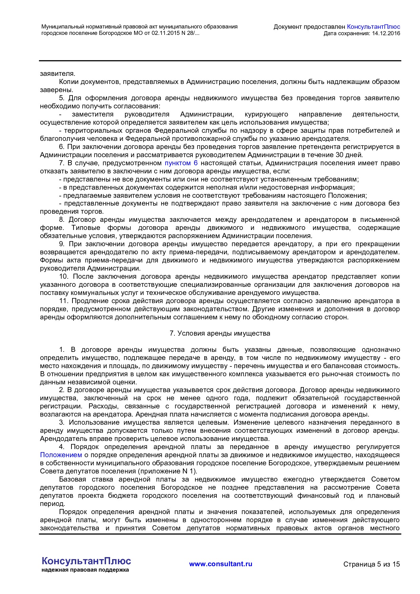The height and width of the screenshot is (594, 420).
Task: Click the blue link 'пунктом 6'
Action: point(181,163)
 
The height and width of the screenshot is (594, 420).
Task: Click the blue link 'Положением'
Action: point(61,455)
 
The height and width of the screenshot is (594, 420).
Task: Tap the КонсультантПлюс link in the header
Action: point(374,27)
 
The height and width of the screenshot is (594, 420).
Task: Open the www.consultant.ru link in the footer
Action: point(220,564)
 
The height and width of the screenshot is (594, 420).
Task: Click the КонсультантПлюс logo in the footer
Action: point(86,561)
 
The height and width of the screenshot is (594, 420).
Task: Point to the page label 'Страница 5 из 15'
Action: point(372,564)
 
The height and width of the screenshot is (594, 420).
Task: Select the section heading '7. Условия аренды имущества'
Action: point(220,333)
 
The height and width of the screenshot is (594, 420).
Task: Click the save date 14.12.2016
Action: point(386,33)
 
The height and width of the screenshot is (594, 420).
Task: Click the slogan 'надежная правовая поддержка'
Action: point(85,570)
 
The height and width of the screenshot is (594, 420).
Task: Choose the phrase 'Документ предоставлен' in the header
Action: point(309,27)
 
